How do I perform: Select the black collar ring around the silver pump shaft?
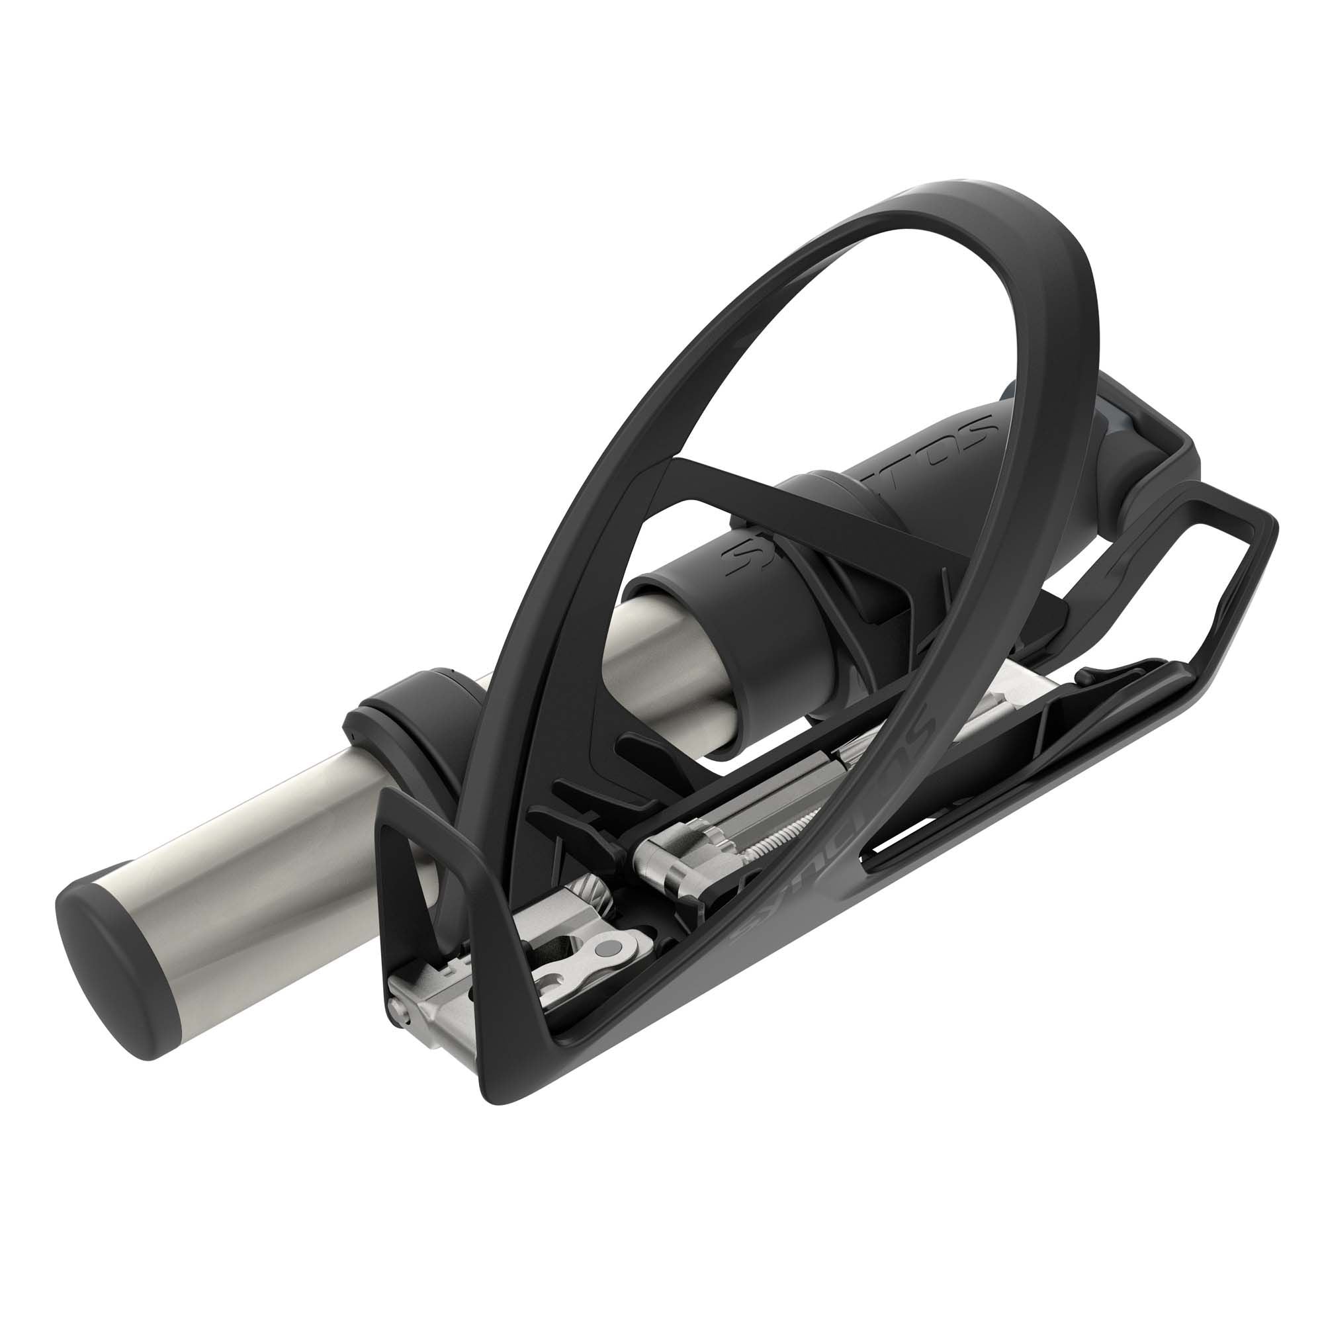coord(404,720)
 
